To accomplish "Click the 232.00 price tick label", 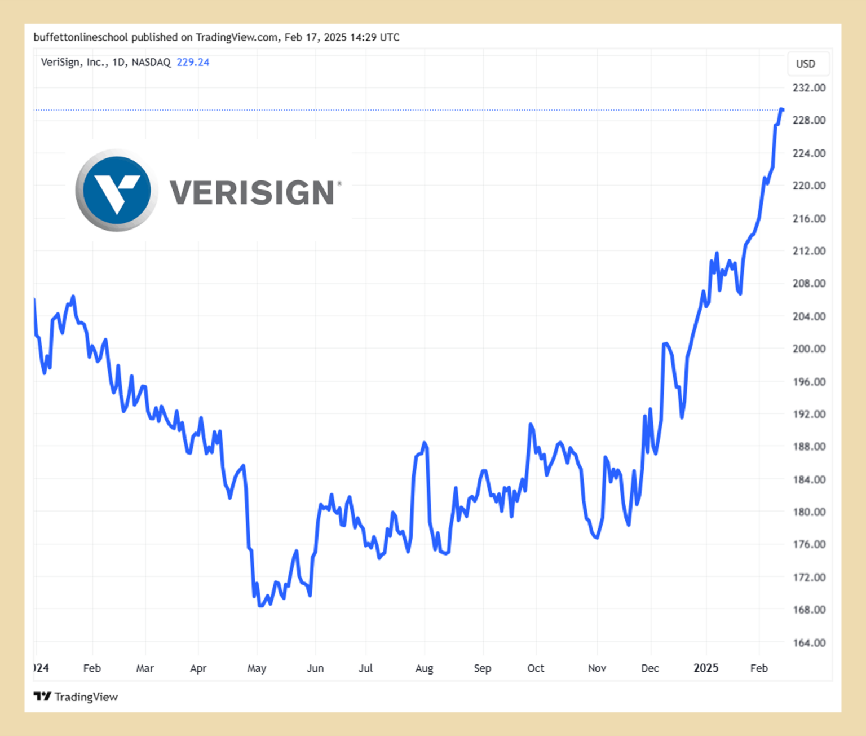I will coord(808,88).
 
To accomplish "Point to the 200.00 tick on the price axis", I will coord(808,349).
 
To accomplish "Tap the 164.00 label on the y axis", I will coord(808,643).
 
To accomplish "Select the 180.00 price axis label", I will coord(808,512).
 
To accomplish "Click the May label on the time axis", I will coord(257,668).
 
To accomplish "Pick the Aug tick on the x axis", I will coord(424,668).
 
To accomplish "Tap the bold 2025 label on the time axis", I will coord(705,668).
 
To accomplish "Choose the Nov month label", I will coord(597,668).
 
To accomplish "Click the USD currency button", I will coord(805,64).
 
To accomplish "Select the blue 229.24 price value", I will coord(193,63).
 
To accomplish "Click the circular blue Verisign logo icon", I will coord(117,190).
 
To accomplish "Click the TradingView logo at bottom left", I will coord(76,697).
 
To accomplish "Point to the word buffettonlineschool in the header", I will coord(81,38).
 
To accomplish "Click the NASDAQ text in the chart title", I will coord(151,63).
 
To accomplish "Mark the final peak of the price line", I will coord(781,109).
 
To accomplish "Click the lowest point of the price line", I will coord(260,606).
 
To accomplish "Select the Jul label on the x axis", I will coord(365,668).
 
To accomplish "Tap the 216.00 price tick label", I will coord(808,219).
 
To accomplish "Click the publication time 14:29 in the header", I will coord(364,38).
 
